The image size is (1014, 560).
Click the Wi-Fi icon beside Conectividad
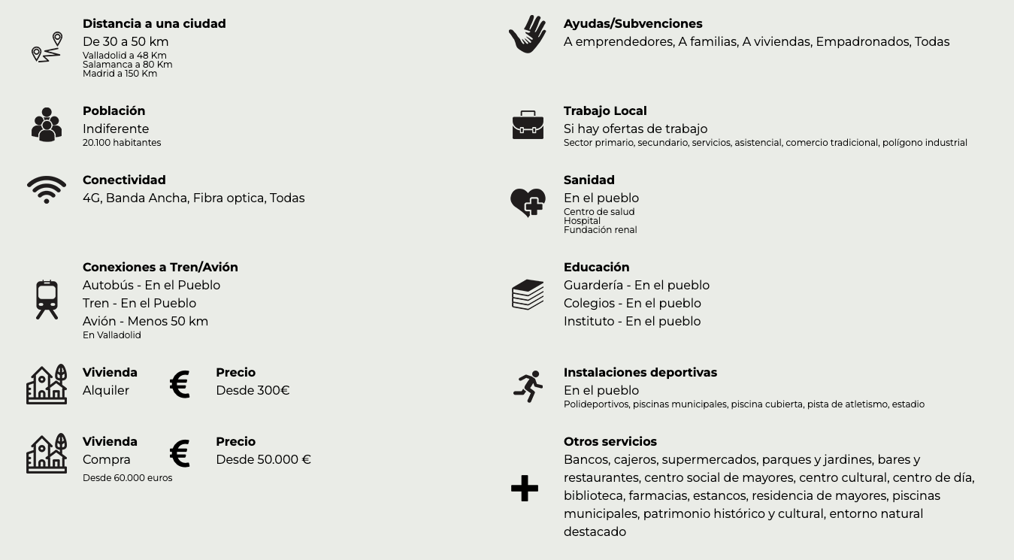point(47,189)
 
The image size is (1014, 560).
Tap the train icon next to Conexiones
point(47,299)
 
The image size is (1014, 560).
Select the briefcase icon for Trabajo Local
point(528,125)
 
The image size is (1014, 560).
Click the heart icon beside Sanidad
point(528,202)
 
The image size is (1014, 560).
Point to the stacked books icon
point(528,295)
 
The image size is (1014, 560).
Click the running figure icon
point(528,386)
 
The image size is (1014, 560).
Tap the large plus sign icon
point(525,489)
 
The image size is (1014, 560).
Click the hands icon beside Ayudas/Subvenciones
point(528,35)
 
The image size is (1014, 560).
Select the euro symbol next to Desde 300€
point(180,384)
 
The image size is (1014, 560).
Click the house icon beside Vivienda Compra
point(47,453)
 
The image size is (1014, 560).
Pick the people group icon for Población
point(47,125)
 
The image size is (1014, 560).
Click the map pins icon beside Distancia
point(47,47)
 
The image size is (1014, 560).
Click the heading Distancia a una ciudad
point(154,24)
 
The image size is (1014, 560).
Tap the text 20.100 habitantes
point(122,143)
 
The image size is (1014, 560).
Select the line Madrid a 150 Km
point(120,74)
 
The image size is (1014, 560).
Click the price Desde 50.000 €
point(263,459)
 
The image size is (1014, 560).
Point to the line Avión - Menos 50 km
point(145,321)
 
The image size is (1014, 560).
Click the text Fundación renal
point(600,230)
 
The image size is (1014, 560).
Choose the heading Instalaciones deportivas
point(640,373)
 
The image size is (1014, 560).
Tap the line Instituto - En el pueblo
point(631,321)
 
